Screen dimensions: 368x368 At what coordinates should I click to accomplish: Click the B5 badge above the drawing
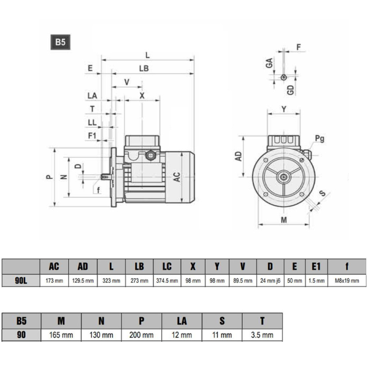pyautogui.click(x=59, y=42)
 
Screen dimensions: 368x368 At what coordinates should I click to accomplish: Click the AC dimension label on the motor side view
pyautogui.click(x=177, y=177)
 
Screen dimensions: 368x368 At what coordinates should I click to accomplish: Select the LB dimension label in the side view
pyautogui.click(x=144, y=69)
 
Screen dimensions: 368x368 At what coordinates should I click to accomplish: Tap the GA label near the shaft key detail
pyautogui.click(x=269, y=63)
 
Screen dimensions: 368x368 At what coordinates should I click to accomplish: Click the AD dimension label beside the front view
pyautogui.click(x=239, y=156)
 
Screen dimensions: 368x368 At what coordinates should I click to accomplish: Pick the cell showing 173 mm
pyautogui.click(x=54, y=280)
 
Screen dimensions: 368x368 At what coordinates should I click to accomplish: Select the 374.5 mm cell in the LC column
pyautogui.click(x=167, y=280)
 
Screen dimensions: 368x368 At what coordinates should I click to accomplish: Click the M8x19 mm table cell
pyautogui.click(x=347, y=280)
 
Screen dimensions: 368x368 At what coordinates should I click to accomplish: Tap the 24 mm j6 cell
pyautogui.click(x=269, y=280)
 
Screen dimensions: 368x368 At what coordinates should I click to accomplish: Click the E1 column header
pyautogui.click(x=316, y=266)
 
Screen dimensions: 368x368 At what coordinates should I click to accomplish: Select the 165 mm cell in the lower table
pyautogui.click(x=61, y=335)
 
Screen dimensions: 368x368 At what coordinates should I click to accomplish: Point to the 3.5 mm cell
pyautogui.click(x=263, y=335)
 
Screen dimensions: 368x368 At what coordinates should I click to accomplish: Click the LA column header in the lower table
pyautogui.click(x=182, y=321)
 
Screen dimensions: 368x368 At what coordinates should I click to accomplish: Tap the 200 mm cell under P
pyautogui.click(x=142, y=335)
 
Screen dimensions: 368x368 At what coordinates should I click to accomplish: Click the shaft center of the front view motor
pyautogui.click(x=283, y=177)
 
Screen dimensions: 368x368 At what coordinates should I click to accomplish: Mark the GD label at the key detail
pyautogui.click(x=291, y=89)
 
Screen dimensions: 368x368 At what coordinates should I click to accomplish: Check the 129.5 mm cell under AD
pyautogui.click(x=83, y=280)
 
